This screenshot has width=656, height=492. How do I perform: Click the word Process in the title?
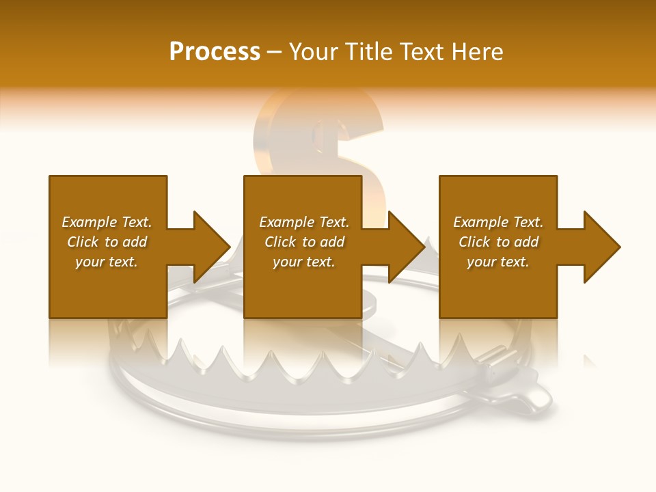coord(215,52)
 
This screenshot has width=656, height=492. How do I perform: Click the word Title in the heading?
coord(368,52)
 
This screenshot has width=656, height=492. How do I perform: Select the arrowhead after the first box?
coord(208,247)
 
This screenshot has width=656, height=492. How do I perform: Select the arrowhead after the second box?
coord(404,247)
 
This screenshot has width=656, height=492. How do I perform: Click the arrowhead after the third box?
coord(599,247)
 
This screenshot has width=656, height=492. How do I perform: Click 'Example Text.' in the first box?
coord(107,222)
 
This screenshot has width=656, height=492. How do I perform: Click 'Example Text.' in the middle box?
coord(304,222)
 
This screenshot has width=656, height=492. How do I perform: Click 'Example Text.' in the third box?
coord(498,222)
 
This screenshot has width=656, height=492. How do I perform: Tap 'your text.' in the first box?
coord(107,262)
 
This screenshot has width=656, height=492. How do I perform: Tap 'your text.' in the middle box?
coord(304,262)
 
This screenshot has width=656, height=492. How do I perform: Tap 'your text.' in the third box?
coord(498,262)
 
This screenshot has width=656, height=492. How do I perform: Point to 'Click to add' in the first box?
coord(107,242)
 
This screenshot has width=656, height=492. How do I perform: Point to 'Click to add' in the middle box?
coord(304,242)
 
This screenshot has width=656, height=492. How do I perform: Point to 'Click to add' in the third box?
coord(498,242)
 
